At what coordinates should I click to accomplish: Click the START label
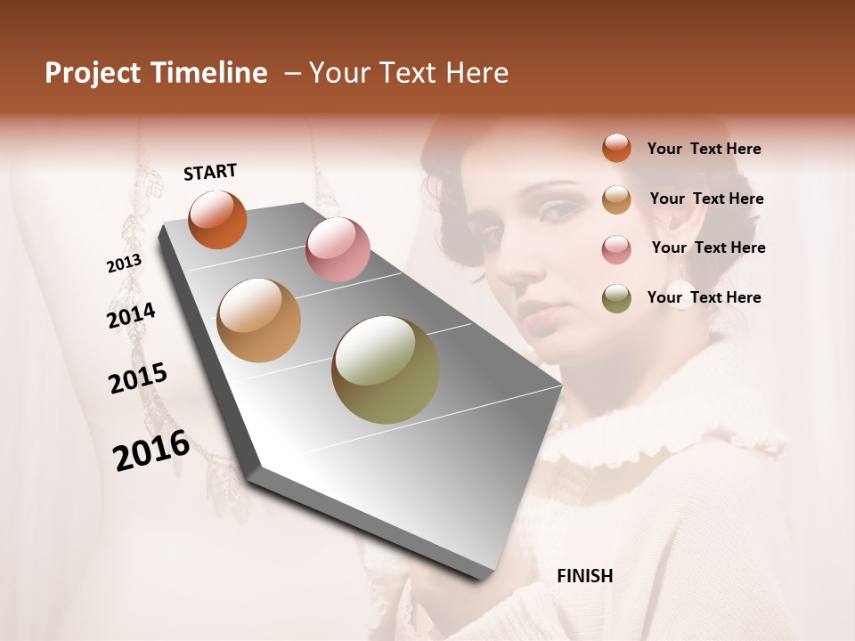click(210, 172)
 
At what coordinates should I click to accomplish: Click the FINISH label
click(584, 576)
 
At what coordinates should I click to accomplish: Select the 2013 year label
click(124, 264)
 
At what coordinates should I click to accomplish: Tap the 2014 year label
click(131, 316)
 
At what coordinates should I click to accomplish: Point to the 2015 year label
click(137, 377)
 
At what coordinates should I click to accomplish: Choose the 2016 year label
click(151, 450)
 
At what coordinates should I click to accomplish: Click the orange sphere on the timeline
click(217, 219)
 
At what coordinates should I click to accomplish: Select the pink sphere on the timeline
click(338, 249)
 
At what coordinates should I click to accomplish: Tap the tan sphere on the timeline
click(258, 320)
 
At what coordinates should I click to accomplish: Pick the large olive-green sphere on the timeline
click(386, 369)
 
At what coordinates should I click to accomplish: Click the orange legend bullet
click(616, 149)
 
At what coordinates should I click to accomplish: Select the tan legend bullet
click(616, 199)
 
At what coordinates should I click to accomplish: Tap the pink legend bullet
click(616, 248)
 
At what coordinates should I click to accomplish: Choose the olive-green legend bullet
click(616, 298)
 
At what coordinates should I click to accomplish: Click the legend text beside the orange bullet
click(704, 149)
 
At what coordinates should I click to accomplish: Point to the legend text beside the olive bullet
click(704, 297)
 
